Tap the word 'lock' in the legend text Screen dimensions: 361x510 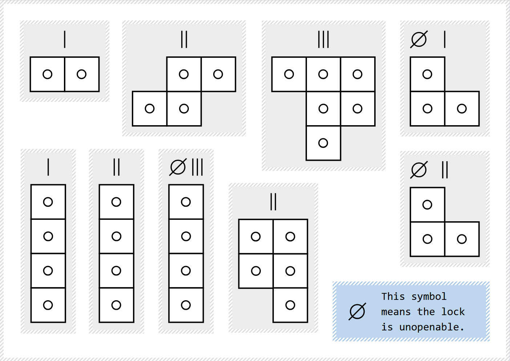pos(453,312)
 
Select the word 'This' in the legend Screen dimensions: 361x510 pos(393,297)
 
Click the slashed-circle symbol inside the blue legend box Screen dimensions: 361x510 pos(357,312)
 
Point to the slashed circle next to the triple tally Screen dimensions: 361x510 pos(178,167)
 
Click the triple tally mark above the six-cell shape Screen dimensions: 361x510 pos(323,39)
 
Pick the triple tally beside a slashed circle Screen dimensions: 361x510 pos(197,167)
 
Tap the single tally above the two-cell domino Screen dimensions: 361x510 pos(65,39)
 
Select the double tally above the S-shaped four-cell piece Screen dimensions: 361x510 pos(184,39)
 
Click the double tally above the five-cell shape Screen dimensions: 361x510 pos(273,202)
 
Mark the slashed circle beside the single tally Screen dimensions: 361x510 pos(419,39)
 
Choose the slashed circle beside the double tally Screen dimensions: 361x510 pos(419,170)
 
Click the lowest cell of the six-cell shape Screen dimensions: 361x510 pos(323,143)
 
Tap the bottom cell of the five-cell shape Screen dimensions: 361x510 pos(290,305)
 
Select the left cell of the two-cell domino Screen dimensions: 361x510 pos(48,74)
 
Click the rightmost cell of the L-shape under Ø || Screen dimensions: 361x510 pos(462,239)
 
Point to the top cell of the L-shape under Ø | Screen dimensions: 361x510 pos(428,74)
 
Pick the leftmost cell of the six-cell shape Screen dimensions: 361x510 pos(289,74)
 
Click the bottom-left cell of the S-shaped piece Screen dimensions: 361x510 pos(150,108)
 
